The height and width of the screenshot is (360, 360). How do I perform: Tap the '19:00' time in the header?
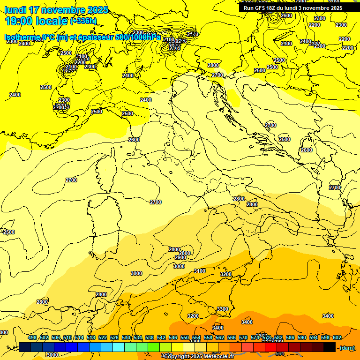point(18,21)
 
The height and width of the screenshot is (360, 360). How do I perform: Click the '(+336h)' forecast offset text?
point(83,21)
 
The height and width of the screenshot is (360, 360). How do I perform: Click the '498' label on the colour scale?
point(32,337)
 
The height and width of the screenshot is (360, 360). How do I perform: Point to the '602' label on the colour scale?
point(337,337)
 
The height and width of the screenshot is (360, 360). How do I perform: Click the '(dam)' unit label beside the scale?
point(347,347)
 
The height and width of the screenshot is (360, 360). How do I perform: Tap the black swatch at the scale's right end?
point(330,347)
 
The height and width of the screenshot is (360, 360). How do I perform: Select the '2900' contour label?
point(180,257)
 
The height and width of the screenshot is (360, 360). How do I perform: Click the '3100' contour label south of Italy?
point(200,271)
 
